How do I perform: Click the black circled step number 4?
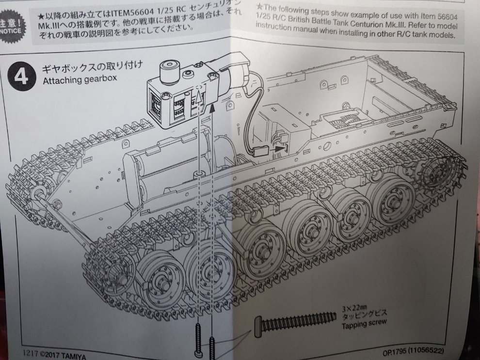[x=20, y=76]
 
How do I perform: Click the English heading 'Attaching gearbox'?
[x=80, y=79]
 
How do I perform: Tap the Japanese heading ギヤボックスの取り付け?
[x=92, y=67]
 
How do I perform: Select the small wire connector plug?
[x=261, y=151]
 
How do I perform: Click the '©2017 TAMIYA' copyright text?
[x=63, y=355]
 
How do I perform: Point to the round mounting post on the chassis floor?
[x=201, y=175]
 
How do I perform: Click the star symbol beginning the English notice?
[x=259, y=6]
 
